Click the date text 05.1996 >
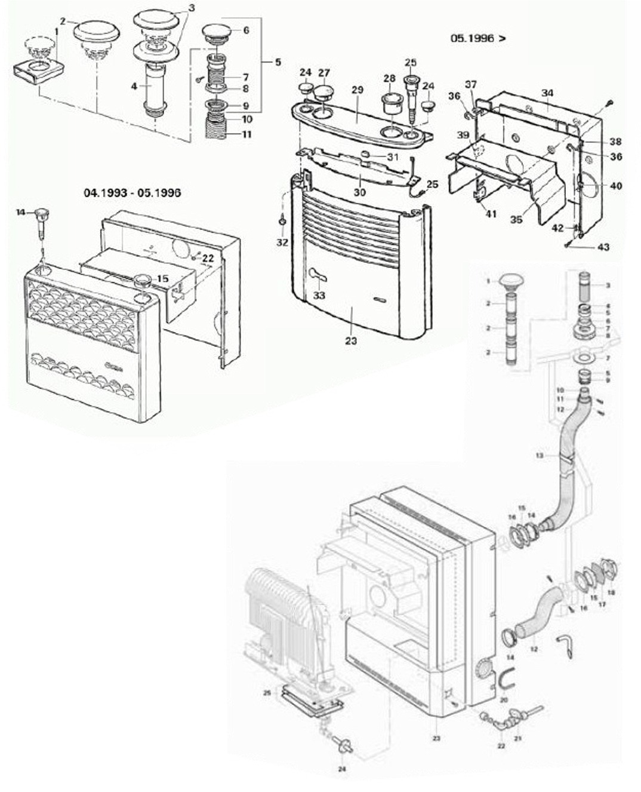coord(477,38)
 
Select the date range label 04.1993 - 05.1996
coord(132,193)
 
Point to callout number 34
coord(547,93)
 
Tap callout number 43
coord(603,247)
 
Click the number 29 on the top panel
coord(357,90)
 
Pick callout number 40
coord(615,186)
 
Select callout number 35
coord(516,220)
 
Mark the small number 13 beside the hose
coord(539,455)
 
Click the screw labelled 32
coord(282,222)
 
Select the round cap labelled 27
coord(324,93)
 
